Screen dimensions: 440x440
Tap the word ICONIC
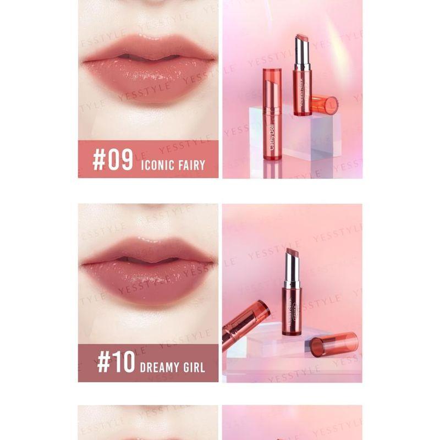click(x=158, y=164)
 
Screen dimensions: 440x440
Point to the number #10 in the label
click(x=116, y=362)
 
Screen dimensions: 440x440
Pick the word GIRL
click(x=193, y=367)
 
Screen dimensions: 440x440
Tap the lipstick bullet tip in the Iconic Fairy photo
click(x=302, y=38)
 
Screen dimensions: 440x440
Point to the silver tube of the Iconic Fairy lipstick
click(x=302, y=58)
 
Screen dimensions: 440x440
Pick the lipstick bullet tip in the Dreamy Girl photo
click(x=291, y=254)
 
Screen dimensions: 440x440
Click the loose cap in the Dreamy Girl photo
click(x=333, y=344)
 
